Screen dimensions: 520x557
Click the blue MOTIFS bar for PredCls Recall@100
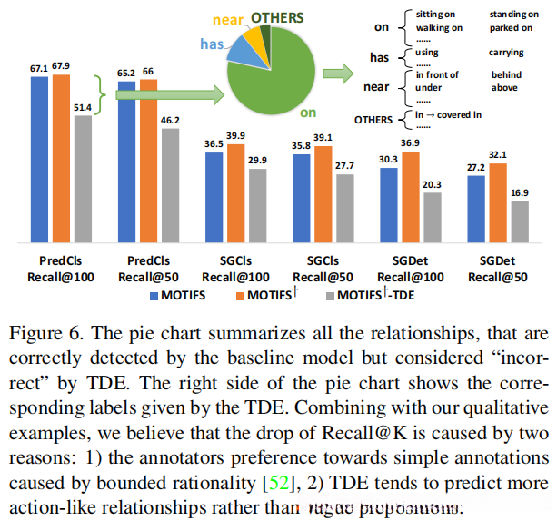pyautogui.click(x=39, y=160)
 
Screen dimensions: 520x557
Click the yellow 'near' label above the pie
pyautogui.click(x=226, y=18)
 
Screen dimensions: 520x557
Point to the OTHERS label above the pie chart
pyautogui.click(x=278, y=15)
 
